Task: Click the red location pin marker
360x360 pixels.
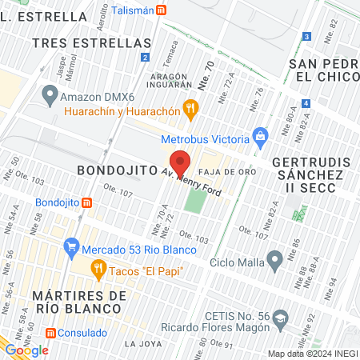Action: click(181, 162)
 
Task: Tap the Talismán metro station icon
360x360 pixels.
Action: click(162, 10)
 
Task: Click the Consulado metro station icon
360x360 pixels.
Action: click(50, 332)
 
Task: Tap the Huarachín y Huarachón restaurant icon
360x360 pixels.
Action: click(190, 106)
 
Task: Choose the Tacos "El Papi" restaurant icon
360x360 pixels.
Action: click(99, 270)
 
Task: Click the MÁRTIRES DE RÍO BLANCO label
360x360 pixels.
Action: click(80, 304)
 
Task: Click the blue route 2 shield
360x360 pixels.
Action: click(144, 58)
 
